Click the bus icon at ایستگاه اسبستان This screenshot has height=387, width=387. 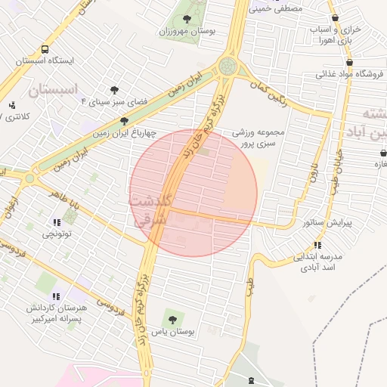coord(46,49)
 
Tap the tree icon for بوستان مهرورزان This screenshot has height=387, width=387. coord(187,19)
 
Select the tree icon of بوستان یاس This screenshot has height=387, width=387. coord(172,319)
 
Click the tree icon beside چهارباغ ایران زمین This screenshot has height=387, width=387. coord(125,121)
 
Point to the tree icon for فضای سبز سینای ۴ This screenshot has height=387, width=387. coord(114,89)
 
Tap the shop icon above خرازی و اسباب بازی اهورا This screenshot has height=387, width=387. coord(335,18)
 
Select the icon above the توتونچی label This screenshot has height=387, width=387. coord(57,222)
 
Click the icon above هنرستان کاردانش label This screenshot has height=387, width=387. coord(56,296)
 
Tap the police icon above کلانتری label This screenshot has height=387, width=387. coord(11,105)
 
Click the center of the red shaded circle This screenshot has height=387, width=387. coord(193,193)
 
